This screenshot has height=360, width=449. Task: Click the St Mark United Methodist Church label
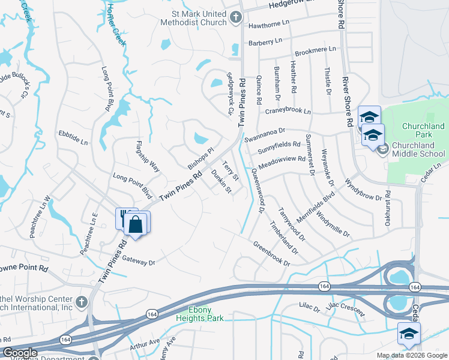point(193,18)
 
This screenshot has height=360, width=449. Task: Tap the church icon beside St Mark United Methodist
point(236,18)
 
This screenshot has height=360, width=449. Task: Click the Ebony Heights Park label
point(200,314)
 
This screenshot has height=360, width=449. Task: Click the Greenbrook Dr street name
point(271,254)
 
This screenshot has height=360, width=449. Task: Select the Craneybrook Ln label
point(288,112)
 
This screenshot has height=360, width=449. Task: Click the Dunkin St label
point(221,181)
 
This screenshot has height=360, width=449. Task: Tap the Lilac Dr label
point(309,307)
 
